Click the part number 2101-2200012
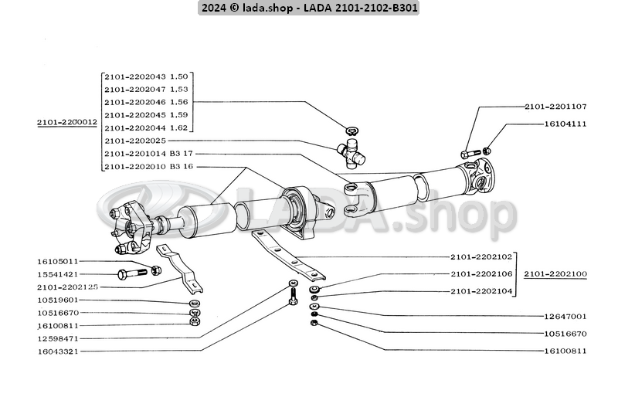(x=66, y=122)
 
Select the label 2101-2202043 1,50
(x=147, y=76)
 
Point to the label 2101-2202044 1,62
(x=147, y=127)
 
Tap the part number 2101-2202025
(x=134, y=141)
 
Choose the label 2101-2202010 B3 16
(x=147, y=167)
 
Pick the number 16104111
(x=565, y=123)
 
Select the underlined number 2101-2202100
(x=555, y=273)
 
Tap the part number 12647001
(x=565, y=316)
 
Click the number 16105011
(x=58, y=261)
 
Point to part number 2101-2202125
(x=66, y=287)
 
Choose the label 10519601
(x=58, y=300)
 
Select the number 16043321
(x=58, y=351)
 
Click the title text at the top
(x=309, y=8)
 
